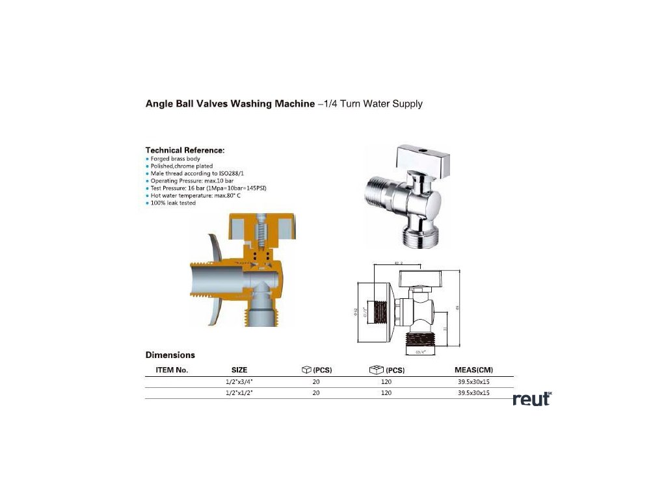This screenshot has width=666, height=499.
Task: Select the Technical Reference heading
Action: (x=185, y=150)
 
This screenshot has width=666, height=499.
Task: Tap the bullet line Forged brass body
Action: (x=175, y=159)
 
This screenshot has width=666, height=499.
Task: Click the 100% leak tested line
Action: (x=173, y=203)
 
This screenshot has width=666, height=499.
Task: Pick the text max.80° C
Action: (x=228, y=195)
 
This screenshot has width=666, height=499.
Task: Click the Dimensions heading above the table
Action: (x=170, y=355)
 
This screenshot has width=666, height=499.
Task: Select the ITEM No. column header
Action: (x=172, y=370)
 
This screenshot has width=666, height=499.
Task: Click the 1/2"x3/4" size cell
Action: (x=239, y=382)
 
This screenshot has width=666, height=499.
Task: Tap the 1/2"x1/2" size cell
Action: (x=239, y=393)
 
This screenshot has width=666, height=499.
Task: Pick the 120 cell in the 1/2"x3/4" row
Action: (x=386, y=382)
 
